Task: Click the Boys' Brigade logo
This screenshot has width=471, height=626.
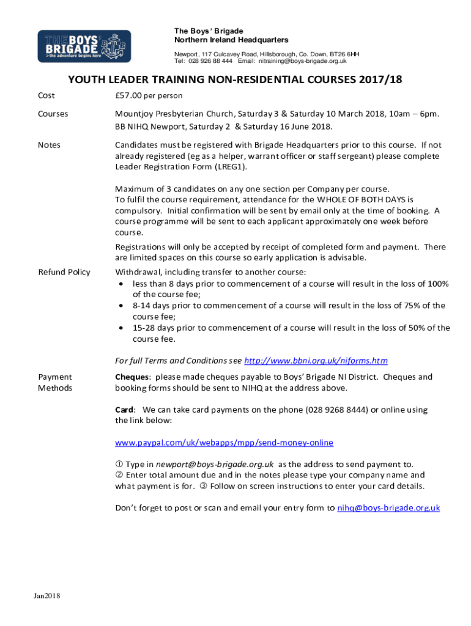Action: [84, 46]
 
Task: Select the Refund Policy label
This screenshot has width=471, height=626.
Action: [64, 272]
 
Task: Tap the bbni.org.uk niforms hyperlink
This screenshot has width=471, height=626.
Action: [316, 361]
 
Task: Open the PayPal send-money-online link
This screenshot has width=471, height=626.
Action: [224, 442]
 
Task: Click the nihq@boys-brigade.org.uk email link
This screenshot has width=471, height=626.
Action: [388, 507]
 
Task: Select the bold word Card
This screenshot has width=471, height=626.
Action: [124, 410]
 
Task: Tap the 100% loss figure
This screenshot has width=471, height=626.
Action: [439, 284]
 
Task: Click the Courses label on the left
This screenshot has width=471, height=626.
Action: [53, 114]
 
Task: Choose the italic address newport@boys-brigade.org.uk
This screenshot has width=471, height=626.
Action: [214, 464]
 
